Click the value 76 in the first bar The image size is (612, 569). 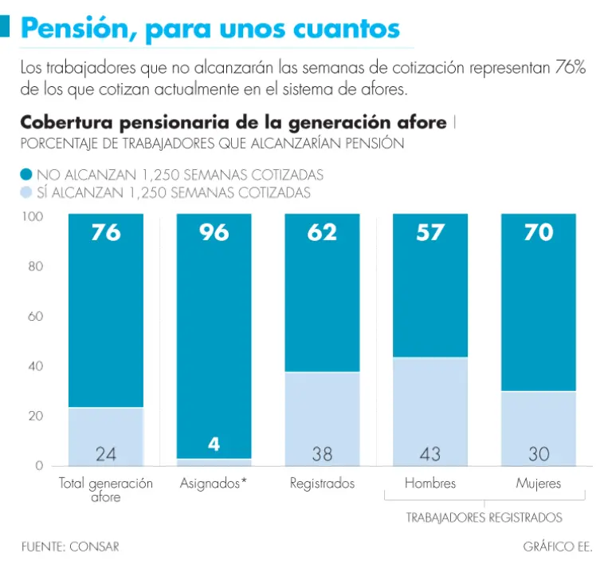[x=106, y=232]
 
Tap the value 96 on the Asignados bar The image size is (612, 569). [x=214, y=232]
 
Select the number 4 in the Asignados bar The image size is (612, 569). [x=214, y=445]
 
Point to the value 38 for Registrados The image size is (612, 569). [x=322, y=454]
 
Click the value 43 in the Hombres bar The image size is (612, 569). [x=430, y=454]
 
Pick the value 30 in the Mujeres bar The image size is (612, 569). [x=539, y=454]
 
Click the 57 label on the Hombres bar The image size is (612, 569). [x=430, y=232]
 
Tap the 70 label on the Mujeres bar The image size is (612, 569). [x=539, y=232]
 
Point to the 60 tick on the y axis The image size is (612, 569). [x=35, y=317]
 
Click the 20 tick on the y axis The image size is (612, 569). [x=35, y=417]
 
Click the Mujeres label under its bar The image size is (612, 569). [x=538, y=484]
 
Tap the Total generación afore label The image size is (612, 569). [x=106, y=490]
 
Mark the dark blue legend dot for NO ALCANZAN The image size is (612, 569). [x=26, y=174]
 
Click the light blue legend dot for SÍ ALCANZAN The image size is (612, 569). [x=26, y=192]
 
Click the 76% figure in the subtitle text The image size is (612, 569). [x=570, y=68]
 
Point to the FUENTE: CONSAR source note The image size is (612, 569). [x=70, y=547]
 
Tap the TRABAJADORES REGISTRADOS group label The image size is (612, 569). [x=484, y=517]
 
